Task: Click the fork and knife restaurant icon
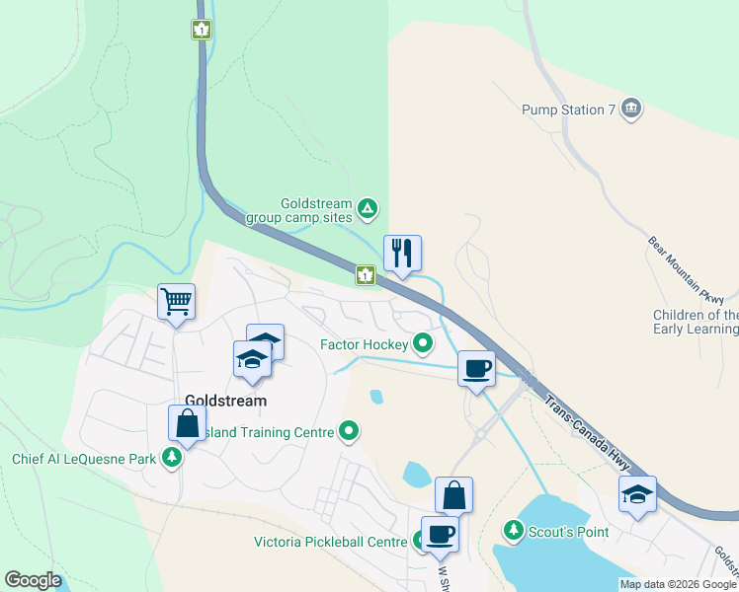pos(402,254)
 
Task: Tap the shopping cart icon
pos(176,301)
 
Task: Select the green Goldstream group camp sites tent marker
pos(368,208)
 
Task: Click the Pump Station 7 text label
pos(562,110)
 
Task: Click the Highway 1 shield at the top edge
pos(202,30)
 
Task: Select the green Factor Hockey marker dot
pos(424,343)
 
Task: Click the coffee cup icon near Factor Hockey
pos(476,369)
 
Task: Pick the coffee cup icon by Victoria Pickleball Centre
pos(440,534)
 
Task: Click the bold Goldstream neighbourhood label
pos(225,402)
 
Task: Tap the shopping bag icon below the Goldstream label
pos(187,424)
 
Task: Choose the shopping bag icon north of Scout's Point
pos(453,495)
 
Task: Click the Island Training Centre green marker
pos(348,431)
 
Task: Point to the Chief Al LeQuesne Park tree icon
pos(173,458)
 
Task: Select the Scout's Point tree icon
pos(513,531)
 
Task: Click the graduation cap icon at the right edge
pos(637,496)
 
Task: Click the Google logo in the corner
pos(33,580)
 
